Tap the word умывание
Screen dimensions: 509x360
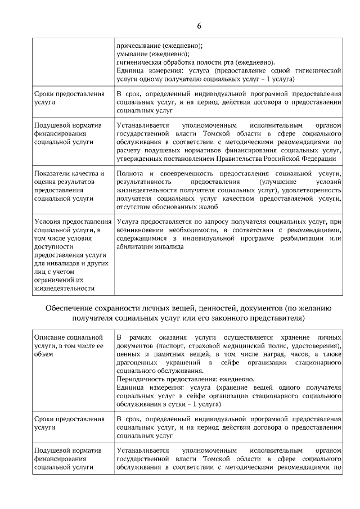[133, 53]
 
